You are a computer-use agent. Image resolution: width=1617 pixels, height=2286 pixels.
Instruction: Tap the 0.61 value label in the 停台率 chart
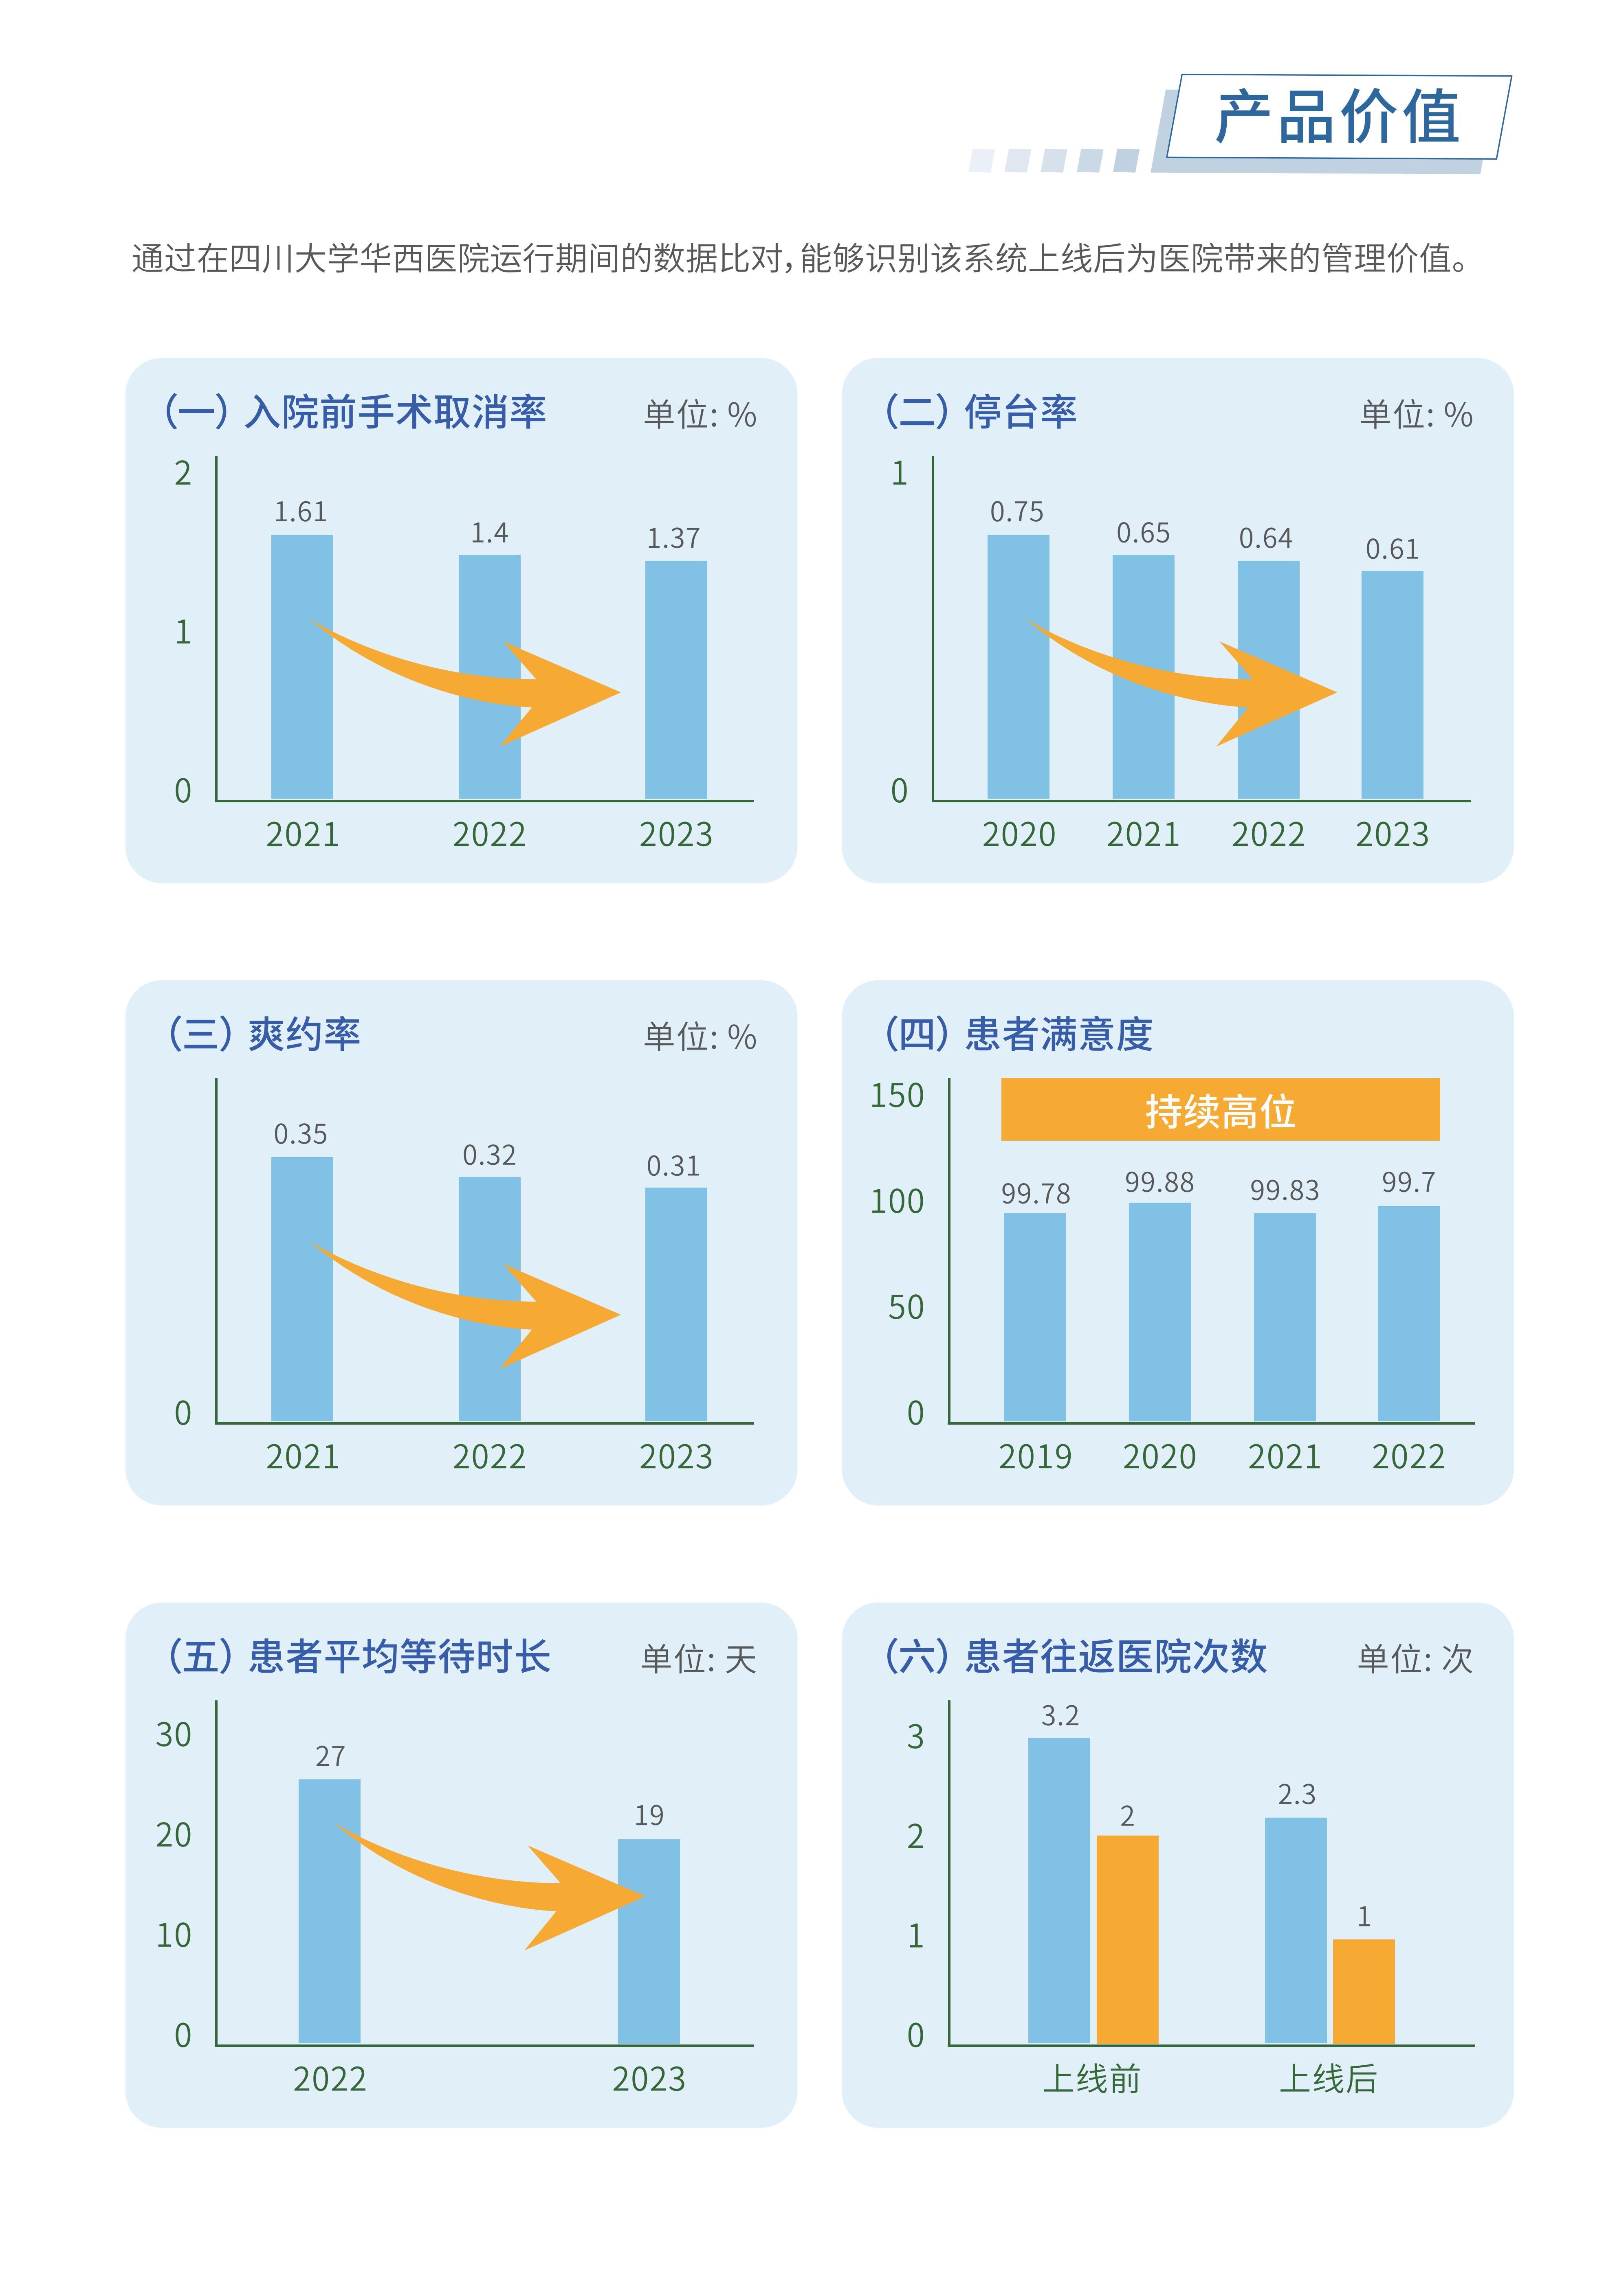pos(1391,549)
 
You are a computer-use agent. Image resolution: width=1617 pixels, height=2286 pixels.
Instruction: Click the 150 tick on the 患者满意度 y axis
pos(897,1095)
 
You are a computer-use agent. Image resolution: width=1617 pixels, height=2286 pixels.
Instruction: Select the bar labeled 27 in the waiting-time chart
pos(330,1912)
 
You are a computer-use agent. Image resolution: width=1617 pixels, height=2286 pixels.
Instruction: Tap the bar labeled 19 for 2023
pos(648,1941)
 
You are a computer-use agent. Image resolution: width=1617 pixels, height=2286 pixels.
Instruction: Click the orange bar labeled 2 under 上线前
pos(1127,1939)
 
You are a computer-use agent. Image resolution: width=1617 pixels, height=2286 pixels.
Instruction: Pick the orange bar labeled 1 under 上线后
pos(1363,1991)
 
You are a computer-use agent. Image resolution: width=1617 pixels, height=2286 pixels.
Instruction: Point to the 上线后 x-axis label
pos(1327,2079)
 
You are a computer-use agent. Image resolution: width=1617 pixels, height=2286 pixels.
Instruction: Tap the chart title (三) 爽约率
pos(264,1034)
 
